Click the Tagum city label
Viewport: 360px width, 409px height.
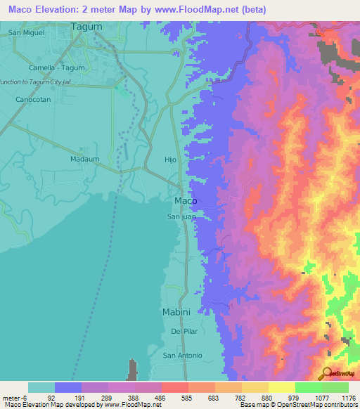87,27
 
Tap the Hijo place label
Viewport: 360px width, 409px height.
170,160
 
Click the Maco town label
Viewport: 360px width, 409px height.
185,201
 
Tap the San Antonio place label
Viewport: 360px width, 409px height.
182,356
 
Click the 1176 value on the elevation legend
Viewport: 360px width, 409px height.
348,398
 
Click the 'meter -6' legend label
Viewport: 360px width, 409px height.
13,398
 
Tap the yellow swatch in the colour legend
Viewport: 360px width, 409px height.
281,387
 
